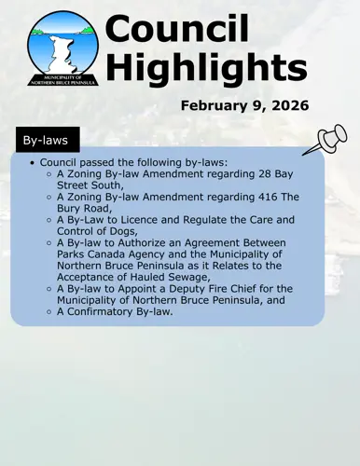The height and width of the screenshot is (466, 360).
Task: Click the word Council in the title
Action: pos(177,29)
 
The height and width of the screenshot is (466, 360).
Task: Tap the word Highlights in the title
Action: pos(205,66)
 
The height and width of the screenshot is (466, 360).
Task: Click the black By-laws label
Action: pos(45,140)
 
